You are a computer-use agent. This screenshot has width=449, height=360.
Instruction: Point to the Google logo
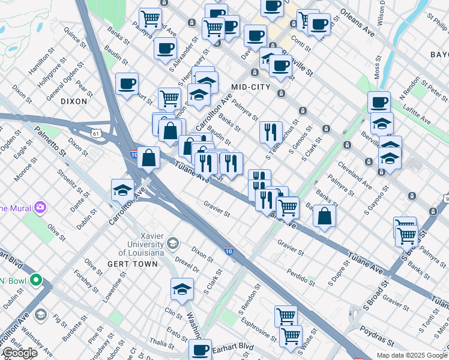click(x=19, y=353)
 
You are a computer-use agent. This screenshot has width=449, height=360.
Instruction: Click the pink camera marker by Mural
click(x=40, y=208)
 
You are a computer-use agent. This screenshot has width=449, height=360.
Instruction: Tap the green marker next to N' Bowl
click(x=36, y=280)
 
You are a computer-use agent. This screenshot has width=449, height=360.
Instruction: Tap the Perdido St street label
click(x=300, y=278)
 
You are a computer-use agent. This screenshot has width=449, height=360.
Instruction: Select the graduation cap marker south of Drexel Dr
click(x=182, y=290)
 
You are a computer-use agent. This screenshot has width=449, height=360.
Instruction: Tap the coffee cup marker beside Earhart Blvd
click(x=200, y=349)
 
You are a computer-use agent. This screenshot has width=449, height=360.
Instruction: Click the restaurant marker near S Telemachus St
click(x=271, y=132)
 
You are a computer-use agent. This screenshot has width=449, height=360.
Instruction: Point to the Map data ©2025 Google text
click(x=411, y=355)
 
